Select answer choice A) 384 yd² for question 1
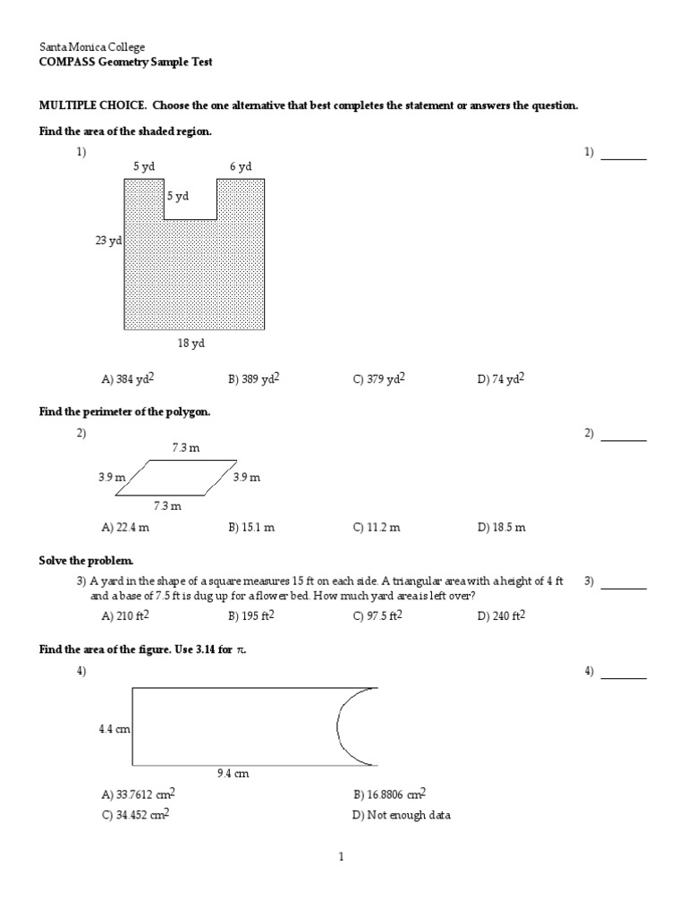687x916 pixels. click(x=128, y=378)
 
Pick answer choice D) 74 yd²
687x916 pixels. click(x=501, y=378)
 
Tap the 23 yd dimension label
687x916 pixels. click(x=108, y=241)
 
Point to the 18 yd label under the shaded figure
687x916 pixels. click(x=193, y=343)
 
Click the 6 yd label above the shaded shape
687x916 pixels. click(x=241, y=166)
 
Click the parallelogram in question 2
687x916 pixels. click(x=177, y=478)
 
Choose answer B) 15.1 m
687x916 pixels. click(x=251, y=528)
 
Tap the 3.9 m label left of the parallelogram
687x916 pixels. click(x=113, y=478)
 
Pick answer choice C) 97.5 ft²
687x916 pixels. click(x=377, y=615)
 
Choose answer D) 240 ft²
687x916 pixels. click(x=501, y=615)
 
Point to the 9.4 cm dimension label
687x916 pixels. click(x=233, y=774)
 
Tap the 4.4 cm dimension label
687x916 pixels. click(x=114, y=729)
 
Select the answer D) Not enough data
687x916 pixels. click(x=402, y=816)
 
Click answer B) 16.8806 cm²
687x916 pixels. click(x=389, y=793)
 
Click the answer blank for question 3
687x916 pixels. click(x=623, y=587)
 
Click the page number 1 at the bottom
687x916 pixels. click(x=341, y=857)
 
